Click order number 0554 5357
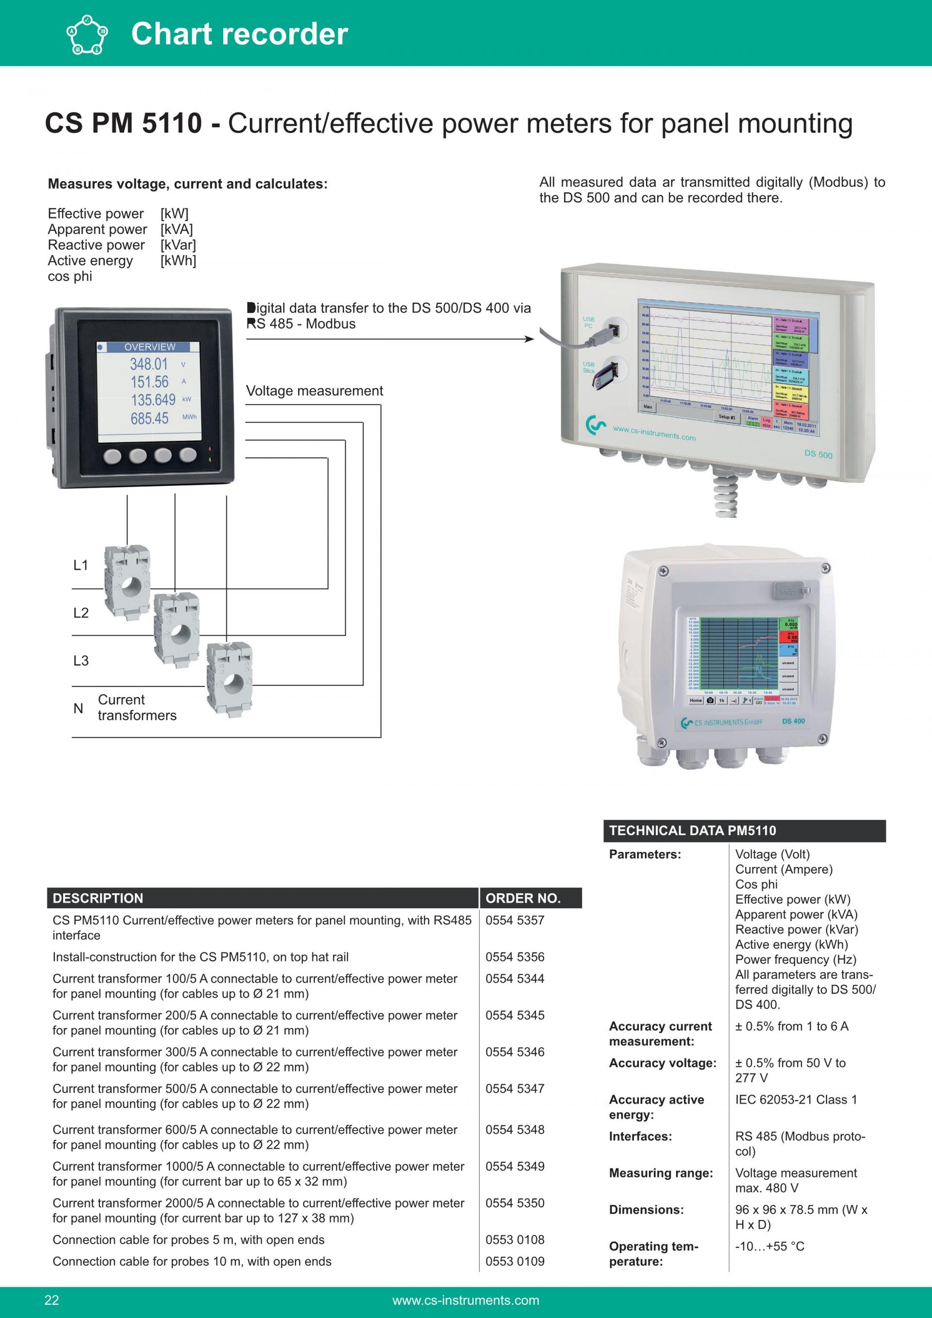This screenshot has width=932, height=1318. tap(514, 920)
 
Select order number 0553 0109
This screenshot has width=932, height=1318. tap(514, 1261)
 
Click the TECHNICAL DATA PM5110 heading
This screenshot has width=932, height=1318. tap(692, 831)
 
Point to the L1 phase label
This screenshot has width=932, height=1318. tap(81, 566)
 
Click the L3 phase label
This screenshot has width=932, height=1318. tap(81, 661)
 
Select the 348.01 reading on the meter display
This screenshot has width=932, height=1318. tap(149, 365)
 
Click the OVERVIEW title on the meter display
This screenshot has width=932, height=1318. tap(150, 347)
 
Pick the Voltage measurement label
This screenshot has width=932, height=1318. tap(315, 391)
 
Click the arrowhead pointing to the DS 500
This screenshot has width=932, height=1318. tap(530, 339)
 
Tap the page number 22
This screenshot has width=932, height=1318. tap(51, 1300)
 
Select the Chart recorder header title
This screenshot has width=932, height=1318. tap(239, 33)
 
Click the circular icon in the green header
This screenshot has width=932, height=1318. tap(87, 34)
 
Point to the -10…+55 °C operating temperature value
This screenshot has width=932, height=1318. tap(769, 1246)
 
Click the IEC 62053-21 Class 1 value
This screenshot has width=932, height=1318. tap(796, 1099)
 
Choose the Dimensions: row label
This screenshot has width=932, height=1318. tap(646, 1210)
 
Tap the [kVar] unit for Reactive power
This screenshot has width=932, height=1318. tap(178, 245)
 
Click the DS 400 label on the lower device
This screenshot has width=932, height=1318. tap(793, 721)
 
